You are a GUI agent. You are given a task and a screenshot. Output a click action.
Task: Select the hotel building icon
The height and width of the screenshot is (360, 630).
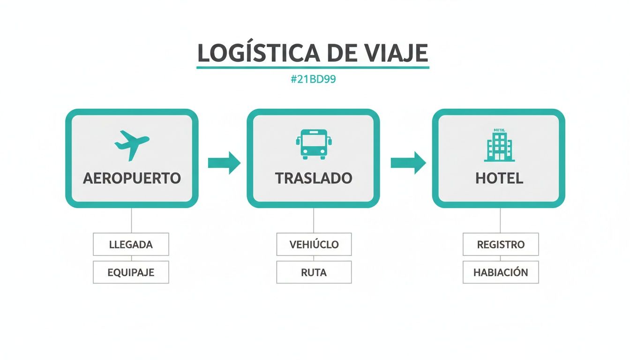click(x=499, y=145)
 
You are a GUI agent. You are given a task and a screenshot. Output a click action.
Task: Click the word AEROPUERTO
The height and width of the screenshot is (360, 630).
click(x=132, y=179)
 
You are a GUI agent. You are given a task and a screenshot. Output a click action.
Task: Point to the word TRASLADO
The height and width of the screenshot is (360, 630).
click(x=314, y=179)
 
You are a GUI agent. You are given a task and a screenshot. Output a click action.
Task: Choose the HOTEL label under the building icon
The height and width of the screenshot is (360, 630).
click(x=499, y=179)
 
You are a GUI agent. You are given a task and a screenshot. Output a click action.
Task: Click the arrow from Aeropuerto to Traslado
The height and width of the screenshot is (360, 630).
click(x=224, y=163)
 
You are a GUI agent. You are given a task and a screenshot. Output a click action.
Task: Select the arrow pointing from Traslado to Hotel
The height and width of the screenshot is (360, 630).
click(x=408, y=163)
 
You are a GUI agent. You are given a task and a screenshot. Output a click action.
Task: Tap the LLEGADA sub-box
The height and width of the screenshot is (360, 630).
click(x=131, y=244)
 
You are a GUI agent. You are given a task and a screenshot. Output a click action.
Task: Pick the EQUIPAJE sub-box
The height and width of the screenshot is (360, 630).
click(x=131, y=272)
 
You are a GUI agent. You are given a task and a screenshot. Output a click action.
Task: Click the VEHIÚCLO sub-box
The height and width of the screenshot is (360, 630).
click(x=314, y=244)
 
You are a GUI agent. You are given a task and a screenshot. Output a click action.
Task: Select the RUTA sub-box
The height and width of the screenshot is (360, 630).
click(x=314, y=272)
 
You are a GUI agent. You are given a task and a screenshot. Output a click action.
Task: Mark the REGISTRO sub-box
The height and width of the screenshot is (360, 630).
click(x=501, y=244)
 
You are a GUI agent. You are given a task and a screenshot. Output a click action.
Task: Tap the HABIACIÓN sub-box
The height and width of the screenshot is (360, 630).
click(x=501, y=272)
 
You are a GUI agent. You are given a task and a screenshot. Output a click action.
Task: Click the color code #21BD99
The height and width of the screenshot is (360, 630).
click(x=313, y=80)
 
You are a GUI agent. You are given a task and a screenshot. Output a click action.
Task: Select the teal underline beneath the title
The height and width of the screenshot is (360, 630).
click(x=313, y=68)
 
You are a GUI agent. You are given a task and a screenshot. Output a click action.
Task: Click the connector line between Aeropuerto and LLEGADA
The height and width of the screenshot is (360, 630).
click(x=131, y=220)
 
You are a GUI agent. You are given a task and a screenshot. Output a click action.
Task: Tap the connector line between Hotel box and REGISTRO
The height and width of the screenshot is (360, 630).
click(x=500, y=220)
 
